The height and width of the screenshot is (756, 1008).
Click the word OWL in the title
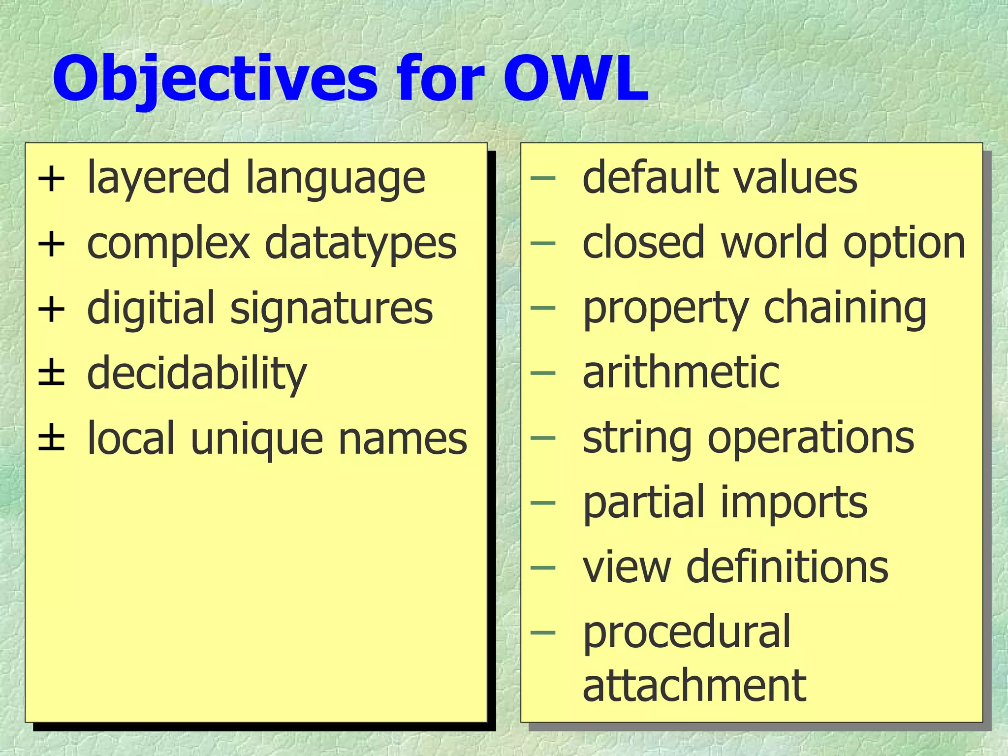coord(576,79)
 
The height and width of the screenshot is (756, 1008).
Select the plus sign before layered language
coord(51,179)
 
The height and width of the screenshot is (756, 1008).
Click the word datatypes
coord(360,243)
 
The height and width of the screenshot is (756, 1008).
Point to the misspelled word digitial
coord(151,308)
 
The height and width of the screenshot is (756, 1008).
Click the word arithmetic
coord(681,373)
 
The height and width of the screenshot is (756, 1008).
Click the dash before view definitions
coord(543,567)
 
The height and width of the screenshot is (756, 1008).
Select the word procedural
coord(686,633)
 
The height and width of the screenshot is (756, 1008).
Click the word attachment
coord(694,685)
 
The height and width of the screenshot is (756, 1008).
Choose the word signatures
coord(331,308)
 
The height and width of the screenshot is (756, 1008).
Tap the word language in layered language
coord(335,178)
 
